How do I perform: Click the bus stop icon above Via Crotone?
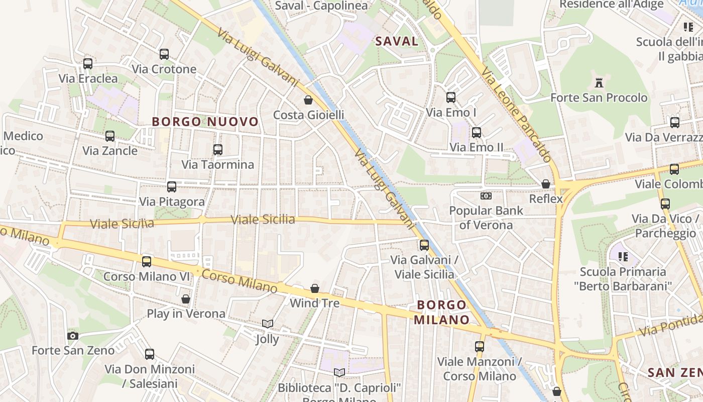(x=164, y=54)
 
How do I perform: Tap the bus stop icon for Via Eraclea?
(x=88, y=64)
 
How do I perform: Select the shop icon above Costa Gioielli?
(x=308, y=100)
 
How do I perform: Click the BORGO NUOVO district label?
(x=205, y=122)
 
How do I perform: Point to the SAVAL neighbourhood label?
(x=397, y=41)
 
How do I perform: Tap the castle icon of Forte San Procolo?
(x=599, y=83)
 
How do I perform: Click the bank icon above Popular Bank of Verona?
(x=486, y=195)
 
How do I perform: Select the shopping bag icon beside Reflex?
(x=546, y=184)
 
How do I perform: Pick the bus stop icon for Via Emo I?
(x=451, y=97)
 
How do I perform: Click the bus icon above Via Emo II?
(x=476, y=133)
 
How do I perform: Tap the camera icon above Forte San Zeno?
(x=73, y=336)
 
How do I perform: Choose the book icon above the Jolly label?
(x=268, y=324)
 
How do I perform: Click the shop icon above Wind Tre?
(x=315, y=288)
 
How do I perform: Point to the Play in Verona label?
(x=186, y=314)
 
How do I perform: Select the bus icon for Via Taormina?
(x=217, y=150)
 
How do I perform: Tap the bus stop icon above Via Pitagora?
(x=172, y=187)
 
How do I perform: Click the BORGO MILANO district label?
(x=442, y=312)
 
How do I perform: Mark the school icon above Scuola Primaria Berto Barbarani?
(x=623, y=257)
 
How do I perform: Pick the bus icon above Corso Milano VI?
(x=147, y=261)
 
